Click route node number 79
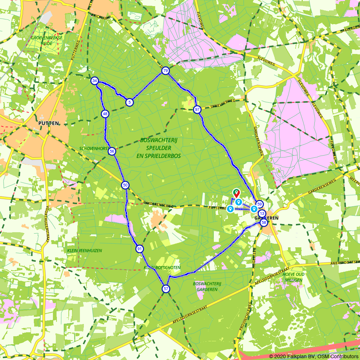tap(165, 71)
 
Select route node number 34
tap(95, 81)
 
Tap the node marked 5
tap(129, 103)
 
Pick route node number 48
tap(105, 114)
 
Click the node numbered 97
tap(197, 109)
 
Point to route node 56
tap(112, 151)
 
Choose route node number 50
tap(125, 185)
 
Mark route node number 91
tap(140, 249)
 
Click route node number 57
tap(166, 289)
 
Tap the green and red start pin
tap(236, 193)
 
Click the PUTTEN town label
tap(48, 123)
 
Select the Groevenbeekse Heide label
tap(46, 40)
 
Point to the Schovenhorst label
tap(94, 148)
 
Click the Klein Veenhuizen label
tap(84, 251)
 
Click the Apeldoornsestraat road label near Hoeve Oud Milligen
tap(272, 276)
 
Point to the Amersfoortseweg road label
tap(345, 262)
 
